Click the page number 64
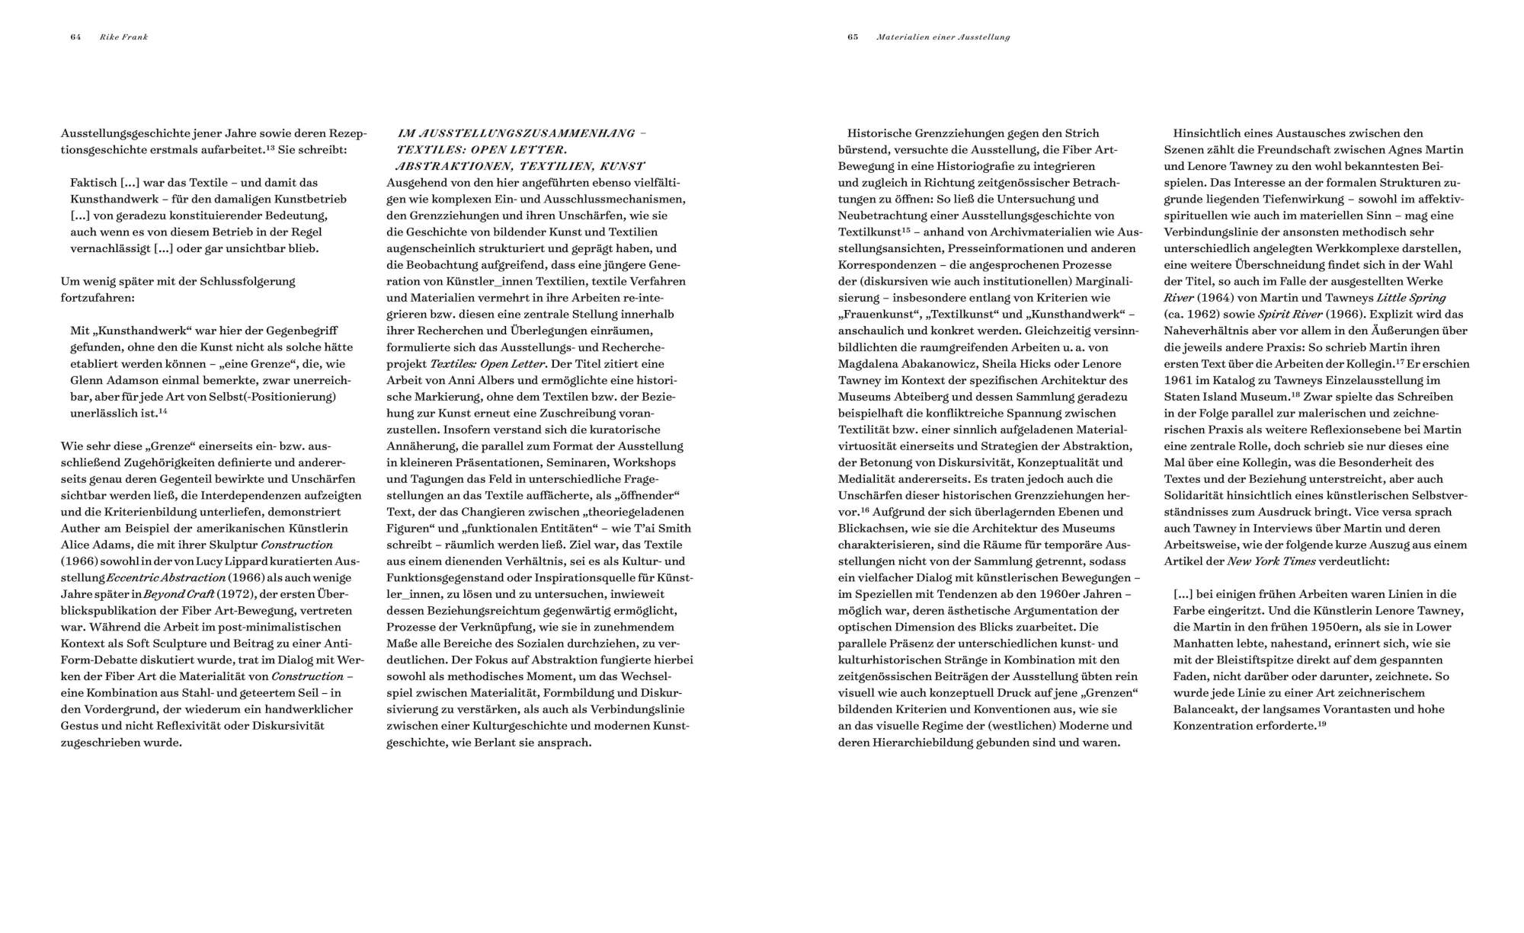click(x=75, y=37)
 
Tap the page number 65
click(x=853, y=37)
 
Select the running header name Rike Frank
click(x=123, y=37)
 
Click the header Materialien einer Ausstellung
click(x=943, y=37)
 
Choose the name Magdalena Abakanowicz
click(x=901, y=363)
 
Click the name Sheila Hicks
click(x=1007, y=363)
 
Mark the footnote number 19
click(x=1321, y=724)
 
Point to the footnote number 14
click(x=163, y=411)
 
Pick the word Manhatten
click(x=1203, y=644)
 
